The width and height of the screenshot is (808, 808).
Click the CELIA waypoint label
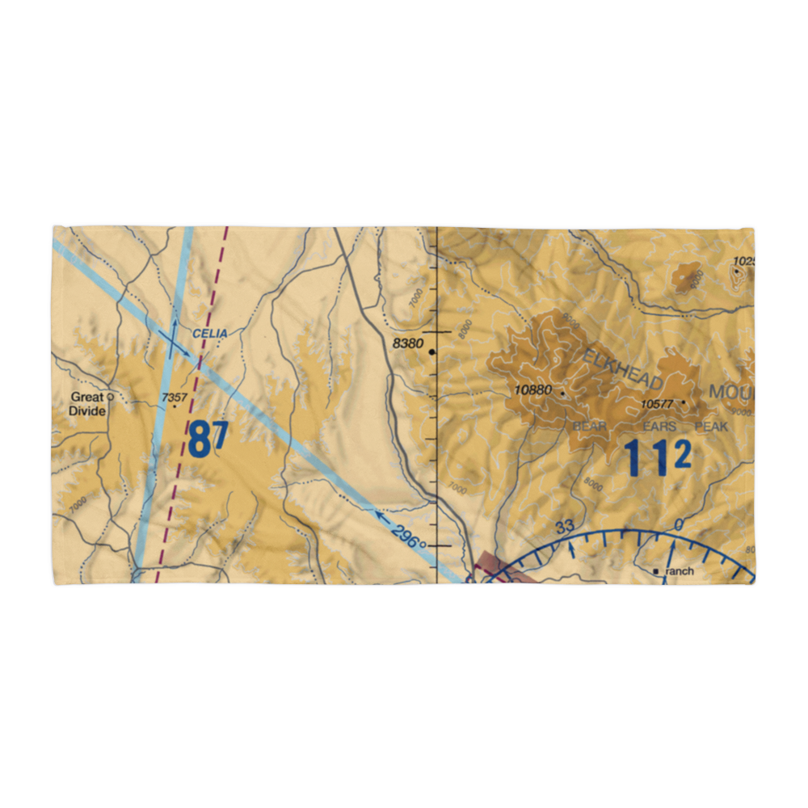click(210, 334)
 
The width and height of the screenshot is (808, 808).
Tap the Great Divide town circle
click(111, 397)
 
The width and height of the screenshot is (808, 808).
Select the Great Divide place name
click(87, 403)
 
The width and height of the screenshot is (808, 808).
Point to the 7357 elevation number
click(174, 397)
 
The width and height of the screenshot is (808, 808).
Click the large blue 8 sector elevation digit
click(200, 441)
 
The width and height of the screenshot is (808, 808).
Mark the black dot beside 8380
click(432, 352)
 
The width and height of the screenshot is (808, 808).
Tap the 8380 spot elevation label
click(407, 344)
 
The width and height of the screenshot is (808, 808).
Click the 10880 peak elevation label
click(532, 391)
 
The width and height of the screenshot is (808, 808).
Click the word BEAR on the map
click(589, 427)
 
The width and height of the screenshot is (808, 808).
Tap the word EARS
click(659, 427)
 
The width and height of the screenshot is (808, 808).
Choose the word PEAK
click(711, 427)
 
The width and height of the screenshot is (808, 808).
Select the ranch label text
click(680, 571)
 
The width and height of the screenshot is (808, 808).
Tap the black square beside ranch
click(656, 571)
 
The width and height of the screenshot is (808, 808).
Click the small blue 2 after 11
click(682, 457)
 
